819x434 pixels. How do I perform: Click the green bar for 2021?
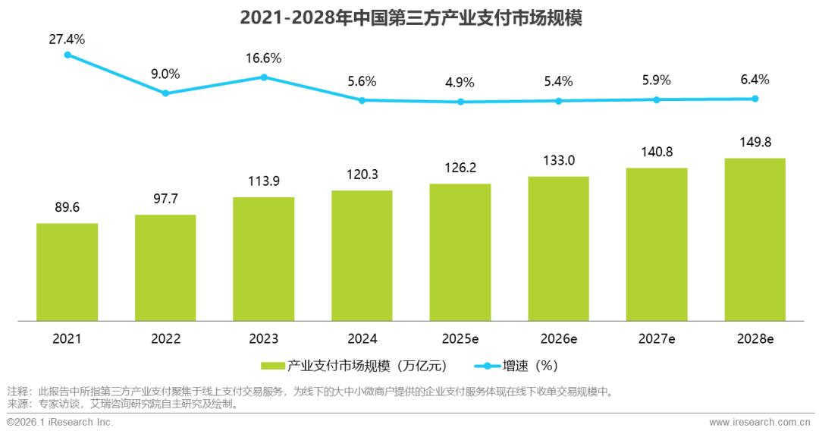67,272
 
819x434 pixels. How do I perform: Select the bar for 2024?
362,256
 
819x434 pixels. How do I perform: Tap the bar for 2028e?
755,240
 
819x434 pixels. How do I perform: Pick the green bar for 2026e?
558,249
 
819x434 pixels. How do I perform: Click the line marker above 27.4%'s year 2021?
67,55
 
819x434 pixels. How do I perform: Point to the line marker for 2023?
264,77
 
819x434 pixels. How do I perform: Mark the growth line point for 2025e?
460,102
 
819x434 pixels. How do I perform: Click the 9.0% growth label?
165,74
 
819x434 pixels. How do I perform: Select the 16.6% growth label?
264,58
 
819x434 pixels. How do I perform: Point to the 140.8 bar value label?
657,152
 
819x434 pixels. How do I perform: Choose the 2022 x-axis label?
165,339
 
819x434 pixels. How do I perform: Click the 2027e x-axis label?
657,339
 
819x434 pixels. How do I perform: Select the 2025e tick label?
460,339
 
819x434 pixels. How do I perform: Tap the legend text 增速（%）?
530,366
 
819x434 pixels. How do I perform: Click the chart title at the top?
409,17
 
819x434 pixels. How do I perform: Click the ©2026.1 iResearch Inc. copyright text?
60,422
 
